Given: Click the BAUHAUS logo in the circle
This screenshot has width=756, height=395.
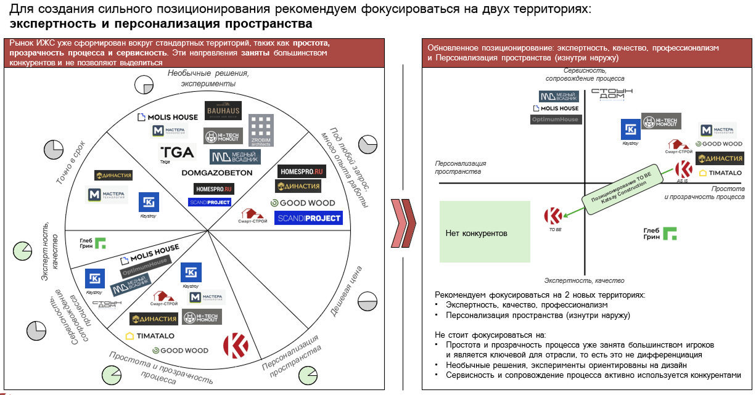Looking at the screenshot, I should (x=224, y=111).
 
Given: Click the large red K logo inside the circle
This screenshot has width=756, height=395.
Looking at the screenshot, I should (x=237, y=345).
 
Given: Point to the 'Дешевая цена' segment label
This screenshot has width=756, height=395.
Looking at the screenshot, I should (x=346, y=291).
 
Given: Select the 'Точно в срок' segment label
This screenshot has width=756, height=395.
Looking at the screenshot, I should (x=70, y=161).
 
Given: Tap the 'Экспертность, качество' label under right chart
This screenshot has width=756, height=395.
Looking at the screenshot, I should (x=584, y=281).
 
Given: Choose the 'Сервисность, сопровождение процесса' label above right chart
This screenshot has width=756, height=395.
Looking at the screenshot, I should (x=585, y=75).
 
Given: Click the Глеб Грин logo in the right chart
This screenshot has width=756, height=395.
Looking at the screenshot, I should (x=660, y=234).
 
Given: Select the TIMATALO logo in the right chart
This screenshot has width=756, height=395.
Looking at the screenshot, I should (x=720, y=173).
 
